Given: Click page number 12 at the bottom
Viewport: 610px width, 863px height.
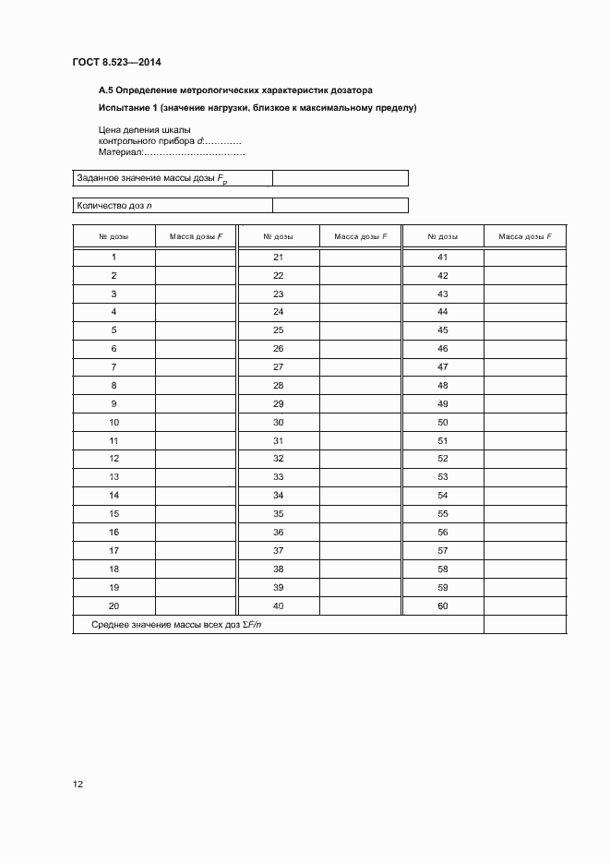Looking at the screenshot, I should coord(78,785).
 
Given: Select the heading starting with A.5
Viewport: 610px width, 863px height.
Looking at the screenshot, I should coord(235,90).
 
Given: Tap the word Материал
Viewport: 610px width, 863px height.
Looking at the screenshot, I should coord(120,152).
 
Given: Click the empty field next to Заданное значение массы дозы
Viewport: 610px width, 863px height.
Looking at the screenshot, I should coord(340,179).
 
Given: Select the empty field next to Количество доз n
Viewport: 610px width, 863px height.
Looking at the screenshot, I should coord(340,206).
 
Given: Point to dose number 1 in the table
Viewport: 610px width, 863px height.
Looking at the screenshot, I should coord(114,258).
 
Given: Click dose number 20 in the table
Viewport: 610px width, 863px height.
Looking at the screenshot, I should coord(114,606).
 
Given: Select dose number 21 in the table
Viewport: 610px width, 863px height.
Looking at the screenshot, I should coord(279,258).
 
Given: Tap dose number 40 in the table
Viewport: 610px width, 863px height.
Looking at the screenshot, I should coord(279,606).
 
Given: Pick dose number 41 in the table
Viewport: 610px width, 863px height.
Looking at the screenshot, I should coord(442,258).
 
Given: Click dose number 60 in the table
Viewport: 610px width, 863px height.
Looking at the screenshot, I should coord(442,606).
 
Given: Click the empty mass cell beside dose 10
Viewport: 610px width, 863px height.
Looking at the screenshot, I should coord(195,423).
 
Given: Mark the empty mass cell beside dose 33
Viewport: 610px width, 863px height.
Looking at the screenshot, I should coord(359,477).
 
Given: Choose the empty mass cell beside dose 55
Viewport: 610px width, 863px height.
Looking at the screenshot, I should coord(524,514).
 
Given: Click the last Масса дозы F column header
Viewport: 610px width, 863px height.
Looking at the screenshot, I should coord(524,237).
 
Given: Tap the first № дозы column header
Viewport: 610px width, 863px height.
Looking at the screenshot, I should coord(114,237).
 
